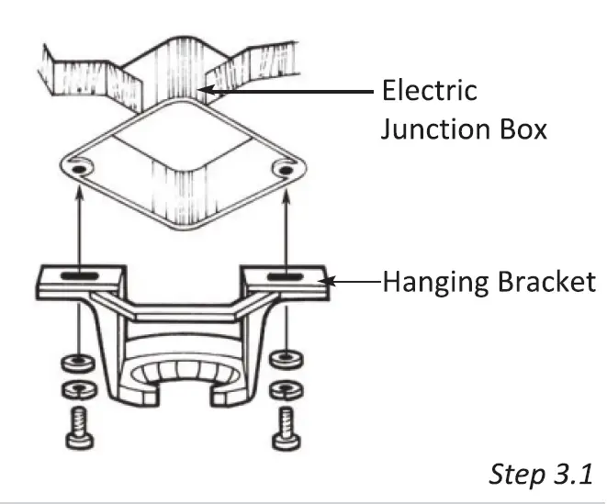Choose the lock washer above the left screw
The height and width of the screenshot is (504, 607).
[x=78, y=388]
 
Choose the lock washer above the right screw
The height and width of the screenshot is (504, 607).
[x=286, y=389]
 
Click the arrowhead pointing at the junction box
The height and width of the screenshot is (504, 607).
[x=209, y=91]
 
